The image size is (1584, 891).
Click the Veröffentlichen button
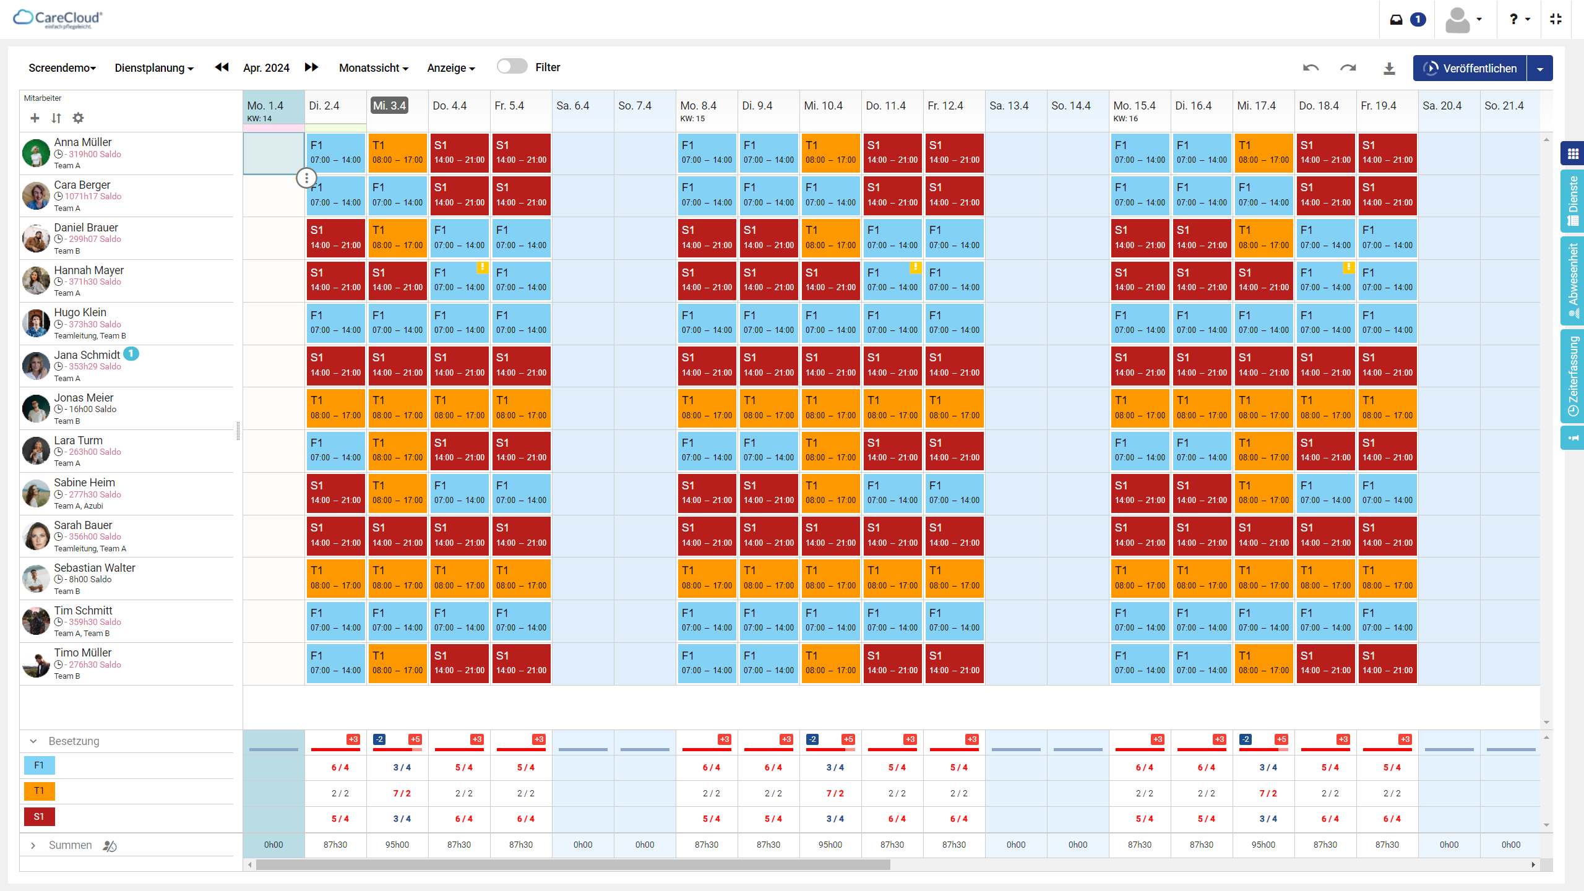click(1470, 68)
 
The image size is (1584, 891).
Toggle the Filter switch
click(512, 67)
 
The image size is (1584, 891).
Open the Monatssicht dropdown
click(373, 68)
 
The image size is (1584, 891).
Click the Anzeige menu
click(450, 68)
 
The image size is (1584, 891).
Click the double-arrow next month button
click(312, 67)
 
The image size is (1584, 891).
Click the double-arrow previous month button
click(222, 67)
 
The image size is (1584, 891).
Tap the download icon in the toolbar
click(1389, 69)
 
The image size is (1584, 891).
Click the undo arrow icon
click(1311, 68)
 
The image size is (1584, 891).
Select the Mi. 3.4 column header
click(389, 106)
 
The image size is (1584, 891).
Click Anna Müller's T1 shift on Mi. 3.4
click(397, 153)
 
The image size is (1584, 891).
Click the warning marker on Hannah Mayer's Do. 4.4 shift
click(482, 267)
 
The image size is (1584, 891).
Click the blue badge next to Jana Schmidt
click(131, 353)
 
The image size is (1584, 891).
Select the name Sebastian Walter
click(95, 568)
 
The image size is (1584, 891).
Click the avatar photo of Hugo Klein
click(36, 324)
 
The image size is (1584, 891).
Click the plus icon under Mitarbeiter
click(35, 118)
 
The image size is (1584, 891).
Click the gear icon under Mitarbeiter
click(78, 118)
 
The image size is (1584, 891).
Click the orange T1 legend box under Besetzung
click(39, 791)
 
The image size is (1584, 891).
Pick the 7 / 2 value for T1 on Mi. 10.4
click(835, 793)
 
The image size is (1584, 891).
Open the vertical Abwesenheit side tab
click(1572, 280)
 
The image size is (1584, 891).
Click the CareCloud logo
click(58, 19)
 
